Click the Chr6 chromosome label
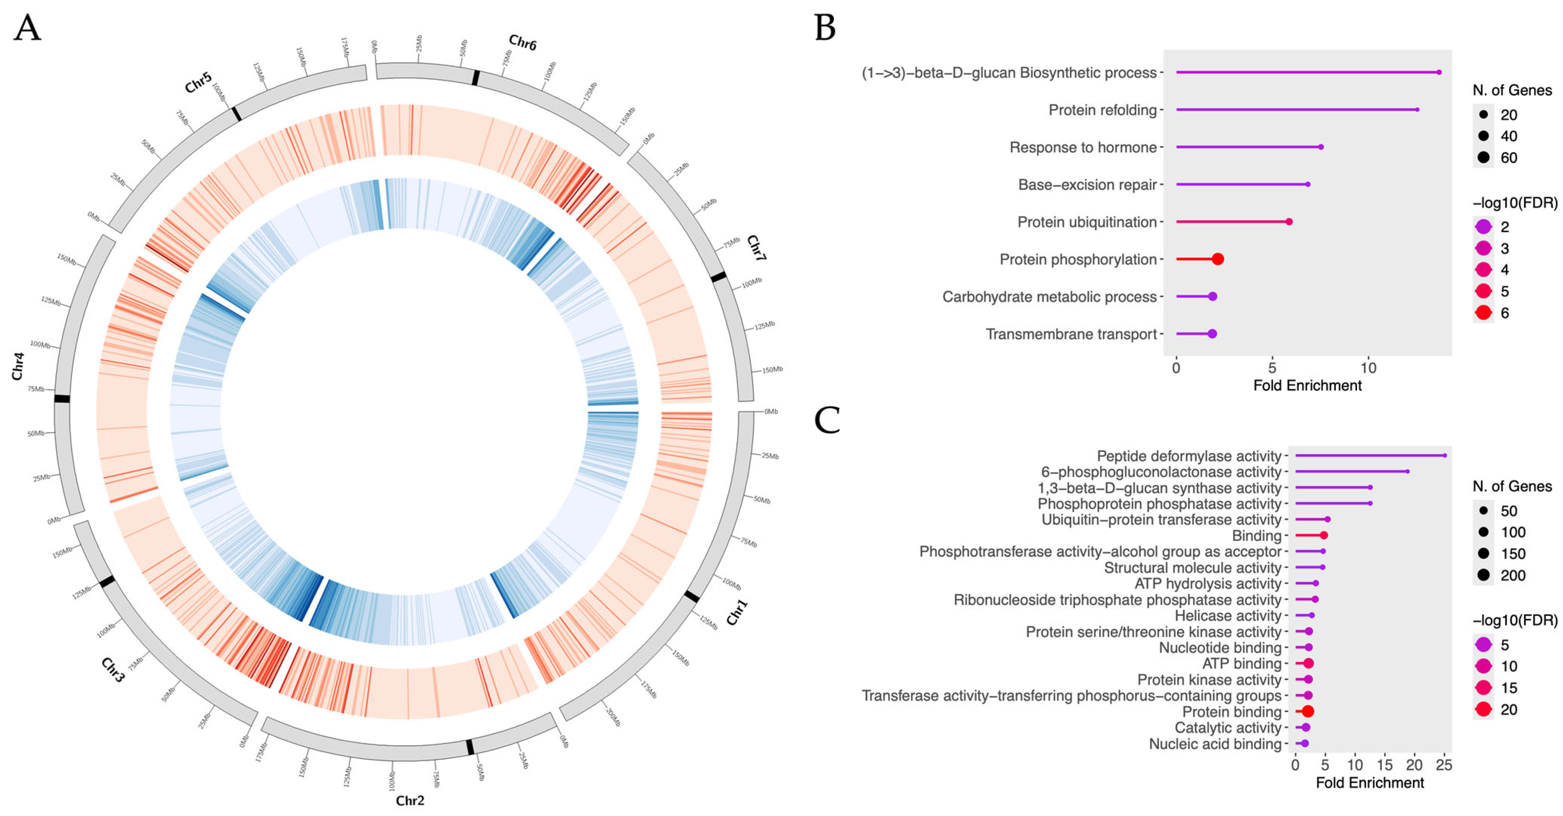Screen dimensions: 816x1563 (x=522, y=42)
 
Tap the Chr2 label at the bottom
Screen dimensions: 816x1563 (x=410, y=800)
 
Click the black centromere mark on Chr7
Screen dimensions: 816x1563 (x=718, y=277)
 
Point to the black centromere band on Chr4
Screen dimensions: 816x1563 (x=62, y=399)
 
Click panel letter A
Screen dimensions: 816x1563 (x=27, y=28)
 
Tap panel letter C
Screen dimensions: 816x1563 (x=826, y=420)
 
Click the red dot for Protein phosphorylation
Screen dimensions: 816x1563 (x=1217, y=259)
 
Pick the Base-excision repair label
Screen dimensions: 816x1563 (x=1087, y=184)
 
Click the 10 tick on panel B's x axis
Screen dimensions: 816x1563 (x=1368, y=368)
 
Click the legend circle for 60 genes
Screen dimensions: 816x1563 (x=1484, y=158)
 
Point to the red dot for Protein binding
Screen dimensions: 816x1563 (x=1308, y=711)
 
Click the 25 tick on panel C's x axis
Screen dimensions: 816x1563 (x=1444, y=765)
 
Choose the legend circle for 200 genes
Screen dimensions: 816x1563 (x=1484, y=575)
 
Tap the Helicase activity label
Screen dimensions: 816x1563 (x=1227, y=616)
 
